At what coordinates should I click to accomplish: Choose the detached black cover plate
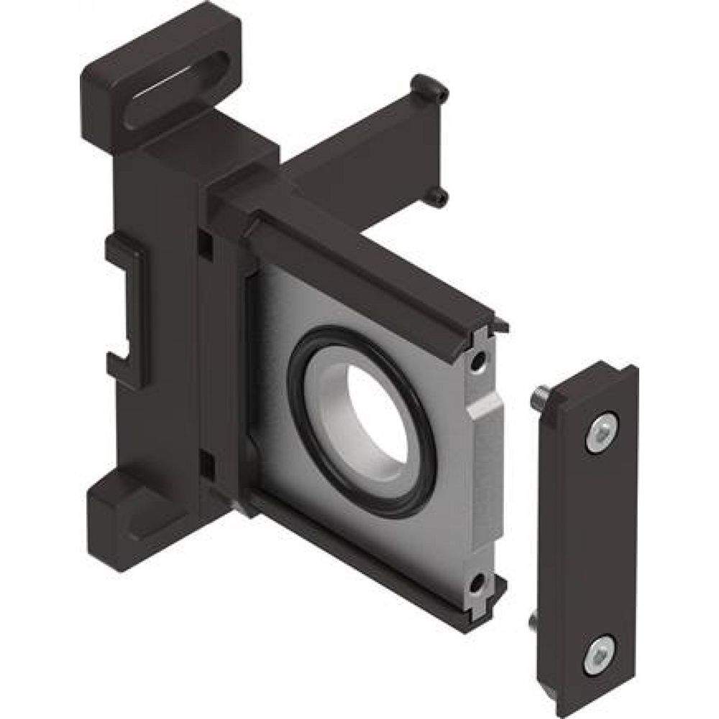596,539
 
